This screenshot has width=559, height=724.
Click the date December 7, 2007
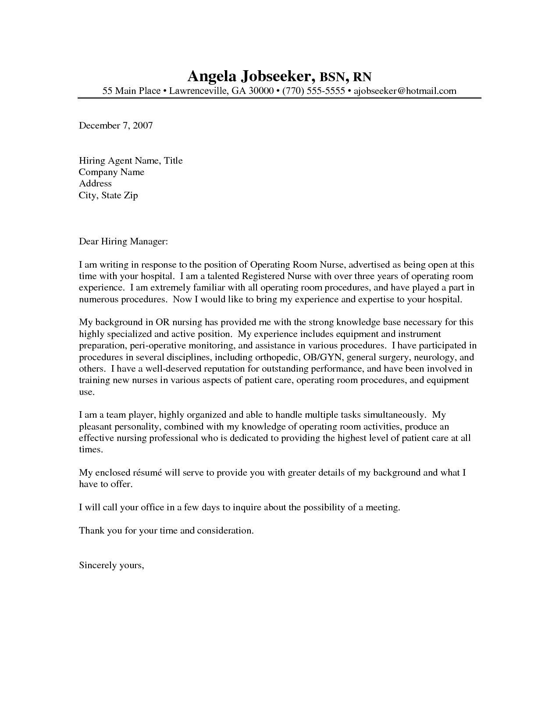coord(116,125)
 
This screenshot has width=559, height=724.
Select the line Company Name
coord(111,172)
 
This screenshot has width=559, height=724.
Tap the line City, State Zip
coord(108,195)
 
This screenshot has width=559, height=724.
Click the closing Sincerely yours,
coord(111,565)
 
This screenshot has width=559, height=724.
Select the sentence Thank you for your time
coord(166,530)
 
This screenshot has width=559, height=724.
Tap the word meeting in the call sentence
coord(383,508)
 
